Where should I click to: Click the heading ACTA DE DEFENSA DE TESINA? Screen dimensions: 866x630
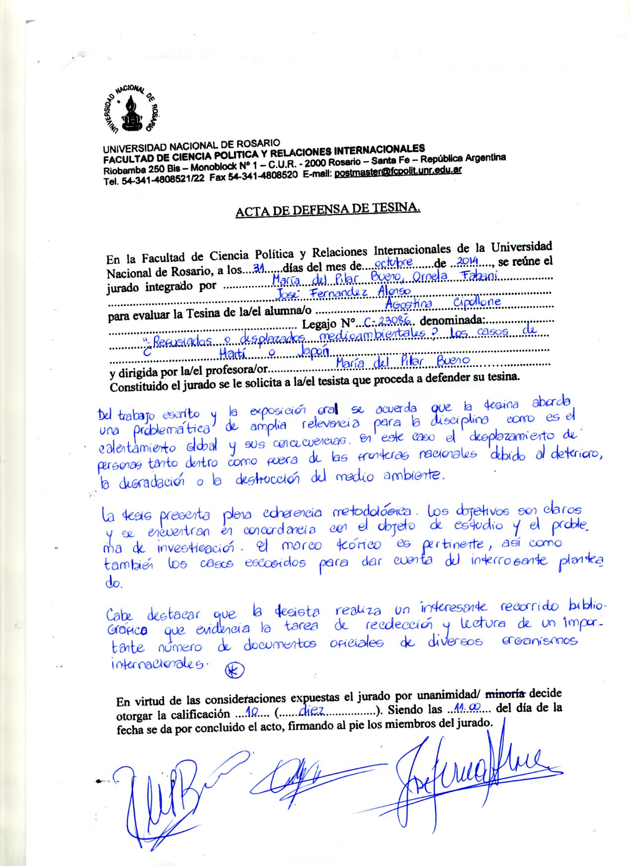pyautogui.click(x=328, y=210)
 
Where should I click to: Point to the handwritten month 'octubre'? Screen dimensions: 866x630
pyautogui.click(x=393, y=262)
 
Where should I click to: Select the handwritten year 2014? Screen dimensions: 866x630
pyautogui.click(x=467, y=261)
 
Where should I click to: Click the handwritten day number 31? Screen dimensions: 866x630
pyautogui.click(x=258, y=268)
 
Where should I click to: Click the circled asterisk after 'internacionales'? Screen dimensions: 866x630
pyautogui.click(x=235, y=670)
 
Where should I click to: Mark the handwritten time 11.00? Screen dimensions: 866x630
pyautogui.click(x=464, y=707)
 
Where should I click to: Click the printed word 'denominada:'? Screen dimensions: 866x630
pyautogui.click(x=454, y=320)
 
